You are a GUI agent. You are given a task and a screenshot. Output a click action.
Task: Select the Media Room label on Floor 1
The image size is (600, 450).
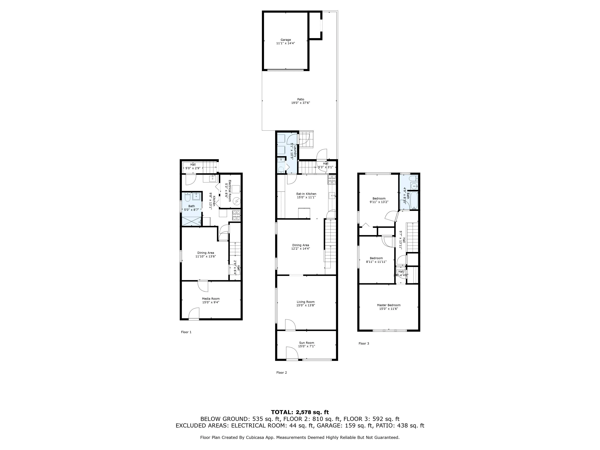tap(211, 299)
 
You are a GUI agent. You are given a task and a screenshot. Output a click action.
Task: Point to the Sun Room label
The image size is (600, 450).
tap(306, 343)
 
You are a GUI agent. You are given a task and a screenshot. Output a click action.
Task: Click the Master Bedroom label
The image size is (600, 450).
tap(388, 305)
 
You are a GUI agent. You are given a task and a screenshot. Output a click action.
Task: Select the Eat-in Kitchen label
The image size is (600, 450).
tap(306, 194)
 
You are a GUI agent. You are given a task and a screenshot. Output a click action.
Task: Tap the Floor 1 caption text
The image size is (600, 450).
tap(186, 332)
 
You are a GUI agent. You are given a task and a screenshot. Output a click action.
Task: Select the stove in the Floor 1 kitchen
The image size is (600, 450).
tap(236, 216)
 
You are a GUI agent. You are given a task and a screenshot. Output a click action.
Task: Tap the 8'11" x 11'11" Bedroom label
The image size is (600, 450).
tap(376, 258)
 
